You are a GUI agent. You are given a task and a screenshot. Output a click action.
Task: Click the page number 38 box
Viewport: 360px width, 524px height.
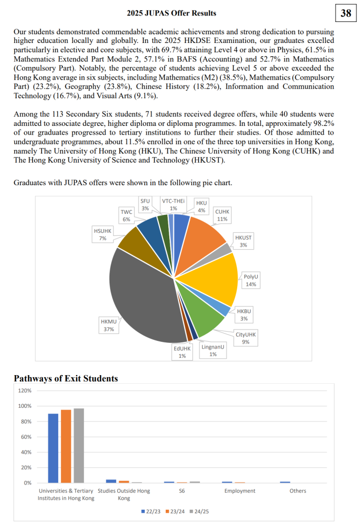coord(346,13)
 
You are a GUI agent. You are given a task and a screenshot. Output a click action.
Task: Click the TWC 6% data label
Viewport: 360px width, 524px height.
coord(126,215)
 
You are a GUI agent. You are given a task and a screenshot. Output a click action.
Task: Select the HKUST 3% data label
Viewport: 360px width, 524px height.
coord(243,242)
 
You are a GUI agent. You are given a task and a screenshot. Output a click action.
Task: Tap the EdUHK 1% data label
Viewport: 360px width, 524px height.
coord(182,352)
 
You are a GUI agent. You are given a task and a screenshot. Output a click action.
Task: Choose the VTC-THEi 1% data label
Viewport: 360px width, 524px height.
coord(173,204)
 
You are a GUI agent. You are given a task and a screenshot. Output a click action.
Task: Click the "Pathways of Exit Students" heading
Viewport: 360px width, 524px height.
coord(66,379)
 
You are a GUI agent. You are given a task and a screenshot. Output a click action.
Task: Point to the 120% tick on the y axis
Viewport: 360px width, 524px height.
coord(25,390)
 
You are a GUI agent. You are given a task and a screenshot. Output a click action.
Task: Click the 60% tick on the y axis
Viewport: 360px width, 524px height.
coord(26,436)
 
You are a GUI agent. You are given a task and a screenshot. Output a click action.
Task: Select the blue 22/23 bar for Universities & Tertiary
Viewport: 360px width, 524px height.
coord(53,448)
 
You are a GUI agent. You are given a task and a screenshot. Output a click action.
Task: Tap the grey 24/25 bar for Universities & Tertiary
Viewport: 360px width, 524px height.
coord(79,446)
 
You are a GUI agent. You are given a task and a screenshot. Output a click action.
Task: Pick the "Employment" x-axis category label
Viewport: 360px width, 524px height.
coord(240,491)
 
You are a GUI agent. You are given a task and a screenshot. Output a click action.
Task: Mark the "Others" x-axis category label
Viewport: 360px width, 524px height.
coord(298,491)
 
